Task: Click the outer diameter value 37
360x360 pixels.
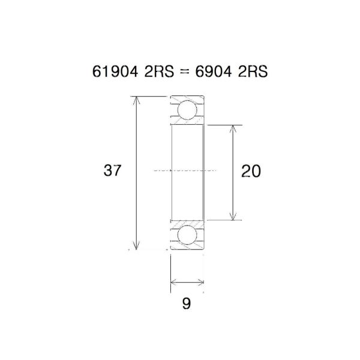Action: click(x=112, y=171)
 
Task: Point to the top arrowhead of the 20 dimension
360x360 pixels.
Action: click(x=233, y=129)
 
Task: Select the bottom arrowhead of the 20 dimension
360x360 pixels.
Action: click(x=233, y=217)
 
